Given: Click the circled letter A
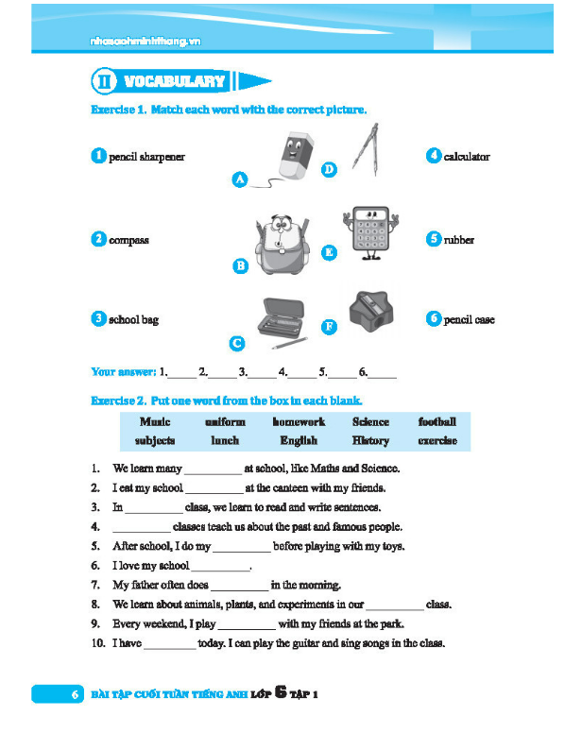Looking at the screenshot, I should coord(240,179).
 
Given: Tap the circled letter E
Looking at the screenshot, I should coord(329,252).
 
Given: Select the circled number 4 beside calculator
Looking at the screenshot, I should coord(434,156).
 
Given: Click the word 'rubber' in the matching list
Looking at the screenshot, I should coord(459,240).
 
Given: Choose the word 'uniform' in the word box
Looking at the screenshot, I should coord(225,422).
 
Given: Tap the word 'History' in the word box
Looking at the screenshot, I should coord(370,440).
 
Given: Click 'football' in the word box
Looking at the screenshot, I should coord(436,422).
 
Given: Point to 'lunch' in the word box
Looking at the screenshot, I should coord(225,440).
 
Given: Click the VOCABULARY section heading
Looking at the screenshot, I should coord(175,81).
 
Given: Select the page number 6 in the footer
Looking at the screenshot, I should coord(74,695).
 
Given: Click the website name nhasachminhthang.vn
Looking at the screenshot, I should coord(144,42).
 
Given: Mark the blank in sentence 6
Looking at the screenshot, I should coord(220,567).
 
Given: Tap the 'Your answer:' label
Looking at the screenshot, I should coord(124,372).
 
